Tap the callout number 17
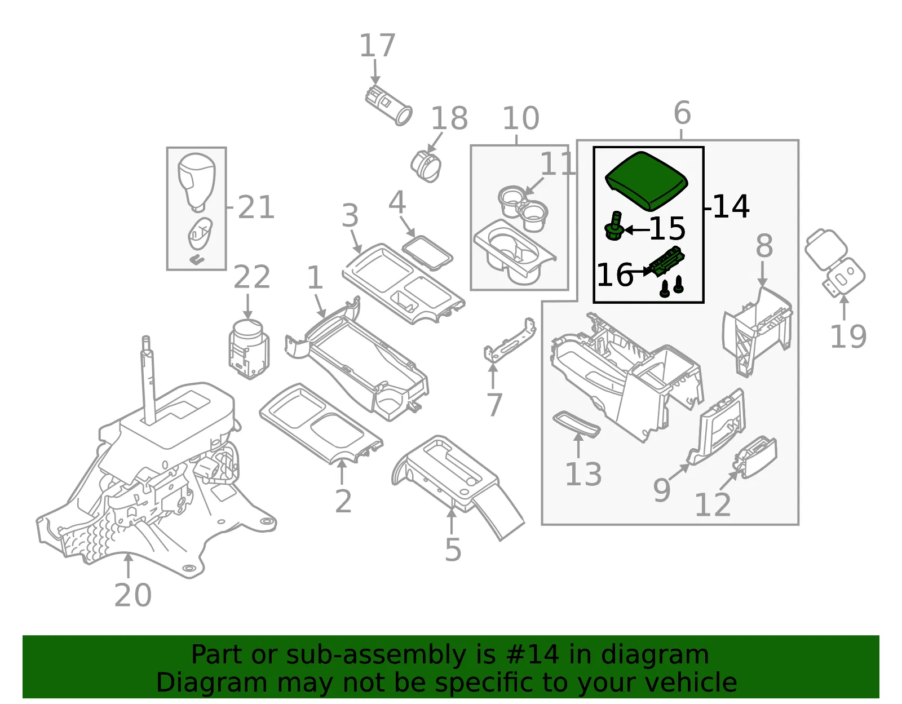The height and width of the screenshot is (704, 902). [377, 46]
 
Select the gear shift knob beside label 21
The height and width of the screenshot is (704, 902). [196, 183]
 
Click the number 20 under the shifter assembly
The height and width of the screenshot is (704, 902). [133, 595]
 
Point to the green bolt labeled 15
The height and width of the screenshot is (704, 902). [614, 226]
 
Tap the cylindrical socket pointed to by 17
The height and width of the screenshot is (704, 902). [388, 105]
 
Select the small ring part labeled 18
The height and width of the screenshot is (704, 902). [426, 166]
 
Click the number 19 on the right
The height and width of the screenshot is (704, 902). [848, 336]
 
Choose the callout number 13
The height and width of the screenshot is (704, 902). [583, 474]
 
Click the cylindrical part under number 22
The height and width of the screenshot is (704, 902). [249, 349]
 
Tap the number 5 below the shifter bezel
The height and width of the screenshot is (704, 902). [453, 550]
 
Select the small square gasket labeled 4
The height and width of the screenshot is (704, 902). [427, 253]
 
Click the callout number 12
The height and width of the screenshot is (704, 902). [713, 505]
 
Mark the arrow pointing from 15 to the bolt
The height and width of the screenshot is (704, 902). [636, 229]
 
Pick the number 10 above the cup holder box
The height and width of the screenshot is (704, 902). [521, 118]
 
